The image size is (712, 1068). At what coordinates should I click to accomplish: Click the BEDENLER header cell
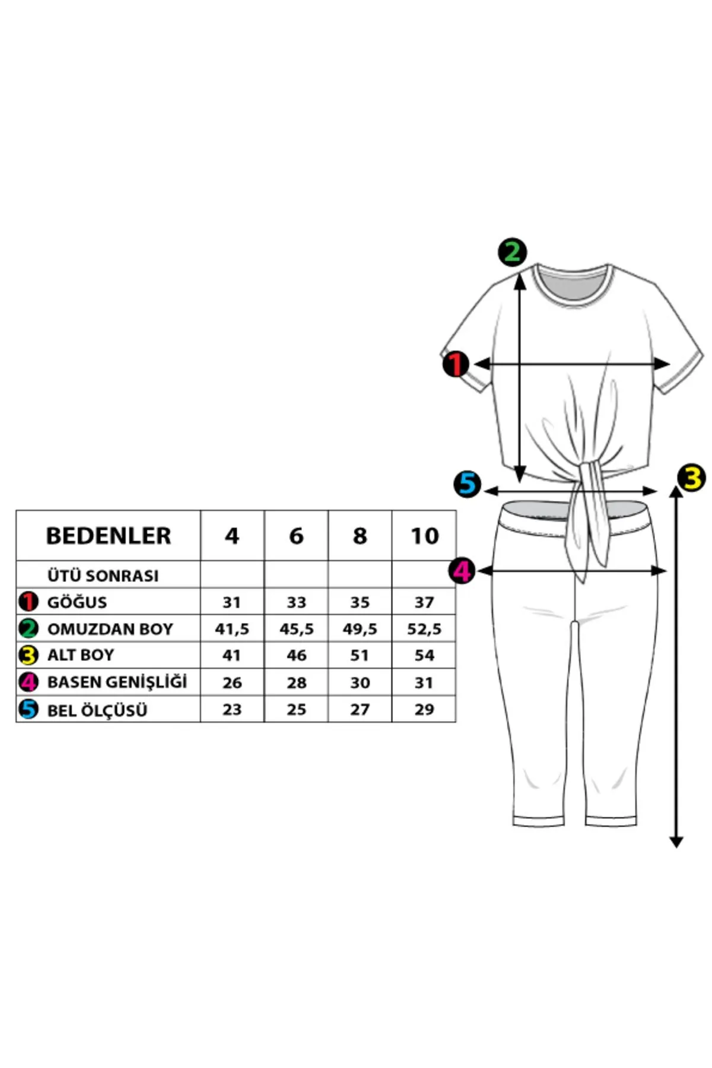pos(109,536)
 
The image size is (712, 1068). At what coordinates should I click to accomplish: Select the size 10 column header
pos(424,536)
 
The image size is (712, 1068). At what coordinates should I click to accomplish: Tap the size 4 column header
pos(232,536)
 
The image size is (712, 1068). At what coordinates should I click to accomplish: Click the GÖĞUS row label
pos(77,602)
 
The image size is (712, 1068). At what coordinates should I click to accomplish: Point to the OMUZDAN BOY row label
pos(110,629)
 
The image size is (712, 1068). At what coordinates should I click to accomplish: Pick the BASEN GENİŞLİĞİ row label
pos(117,682)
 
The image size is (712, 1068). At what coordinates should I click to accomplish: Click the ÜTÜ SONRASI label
pos(103,576)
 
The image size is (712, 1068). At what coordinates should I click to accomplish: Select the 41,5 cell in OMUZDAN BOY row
pos(232,629)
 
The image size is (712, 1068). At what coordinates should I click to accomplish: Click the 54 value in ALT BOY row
pos(424,656)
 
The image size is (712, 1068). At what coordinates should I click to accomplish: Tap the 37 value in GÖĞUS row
pos(424,602)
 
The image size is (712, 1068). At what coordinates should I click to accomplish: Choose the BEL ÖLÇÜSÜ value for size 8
pos(360,710)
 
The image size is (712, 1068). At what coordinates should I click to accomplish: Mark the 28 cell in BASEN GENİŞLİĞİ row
pos(296,683)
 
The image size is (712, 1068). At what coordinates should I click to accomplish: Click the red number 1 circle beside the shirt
pos(456,364)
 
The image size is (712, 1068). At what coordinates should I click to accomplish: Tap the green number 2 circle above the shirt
pos(512,252)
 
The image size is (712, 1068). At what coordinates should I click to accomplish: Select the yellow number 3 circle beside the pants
pos(691,478)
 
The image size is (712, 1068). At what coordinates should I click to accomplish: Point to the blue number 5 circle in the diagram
pos(468,484)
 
